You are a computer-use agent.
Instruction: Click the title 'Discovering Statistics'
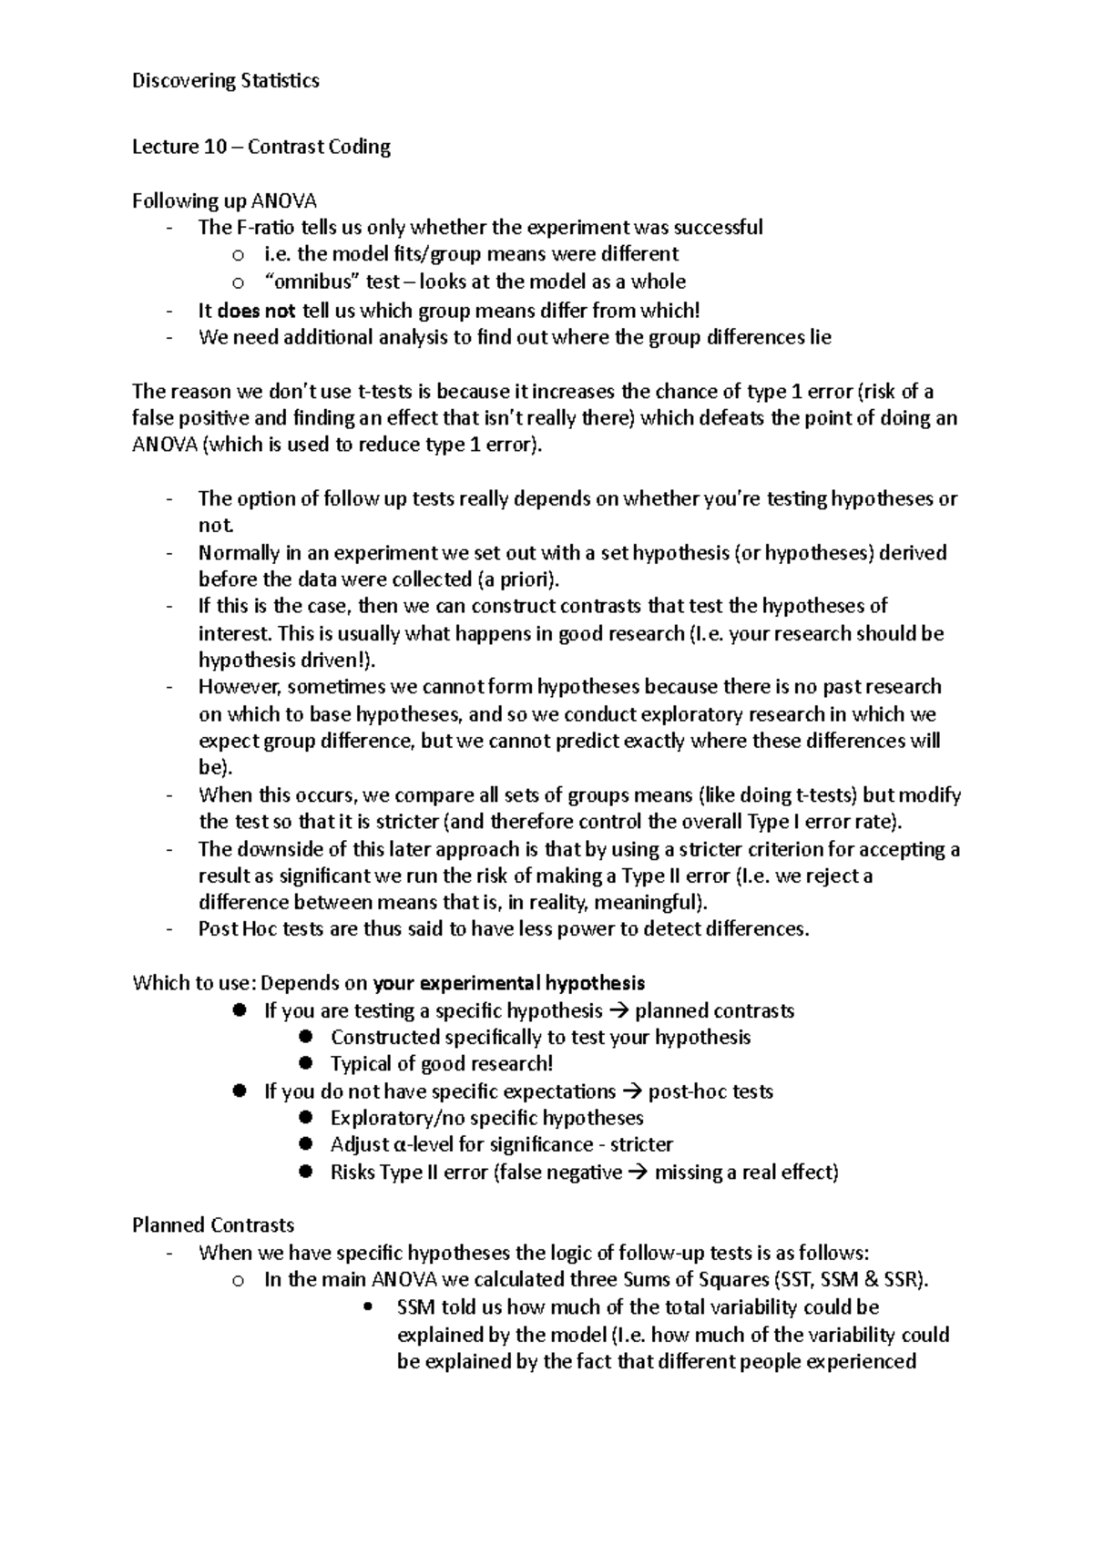coord(226,81)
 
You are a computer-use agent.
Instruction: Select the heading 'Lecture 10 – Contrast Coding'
coord(261,147)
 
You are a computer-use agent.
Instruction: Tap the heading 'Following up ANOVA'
coord(225,200)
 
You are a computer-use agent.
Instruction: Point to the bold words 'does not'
coord(256,310)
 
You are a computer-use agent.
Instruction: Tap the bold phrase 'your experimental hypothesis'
coord(509,983)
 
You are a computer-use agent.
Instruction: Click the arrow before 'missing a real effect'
coord(638,1173)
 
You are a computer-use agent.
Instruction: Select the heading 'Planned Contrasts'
coord(213,1225)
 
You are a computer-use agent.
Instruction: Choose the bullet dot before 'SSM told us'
coord(368,1308)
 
